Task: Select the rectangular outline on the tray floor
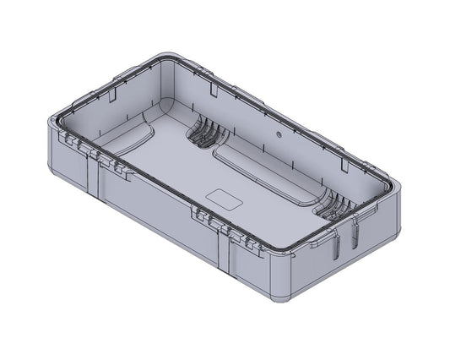click(225, 199)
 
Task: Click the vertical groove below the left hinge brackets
click(94, 182)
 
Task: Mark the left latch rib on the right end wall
click(335, 246)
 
